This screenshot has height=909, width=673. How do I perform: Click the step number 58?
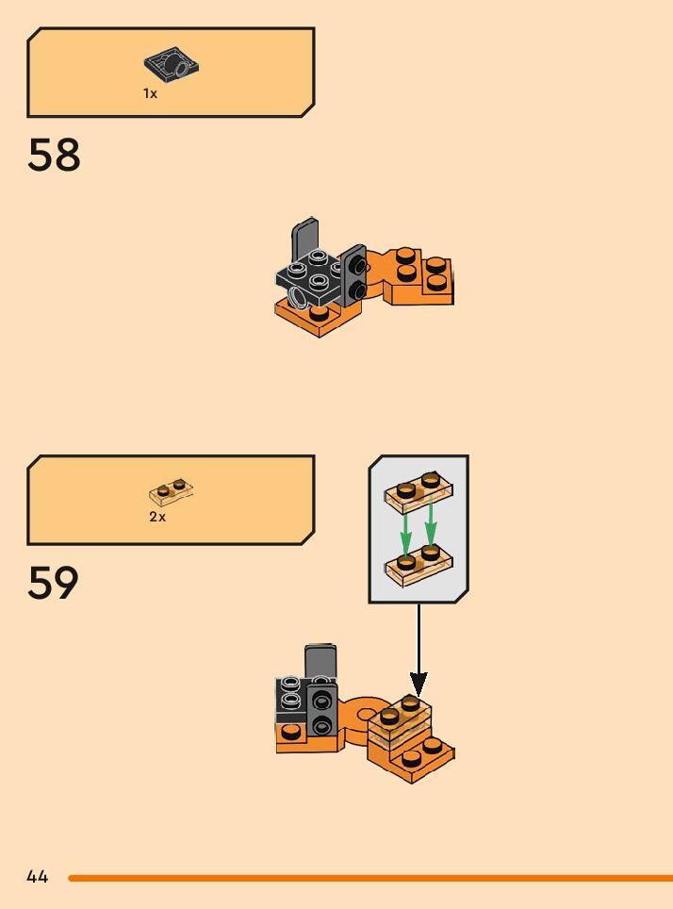(55, 156)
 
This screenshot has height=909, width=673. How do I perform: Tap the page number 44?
(38, 877)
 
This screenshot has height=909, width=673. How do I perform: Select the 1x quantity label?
(150, 93)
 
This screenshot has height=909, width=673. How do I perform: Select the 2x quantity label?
(156, 517)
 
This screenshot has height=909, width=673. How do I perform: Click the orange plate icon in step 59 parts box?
(172, 491)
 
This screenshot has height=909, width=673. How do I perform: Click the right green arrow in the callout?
(431, 528)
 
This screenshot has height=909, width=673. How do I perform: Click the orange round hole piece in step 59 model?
(359, 714)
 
